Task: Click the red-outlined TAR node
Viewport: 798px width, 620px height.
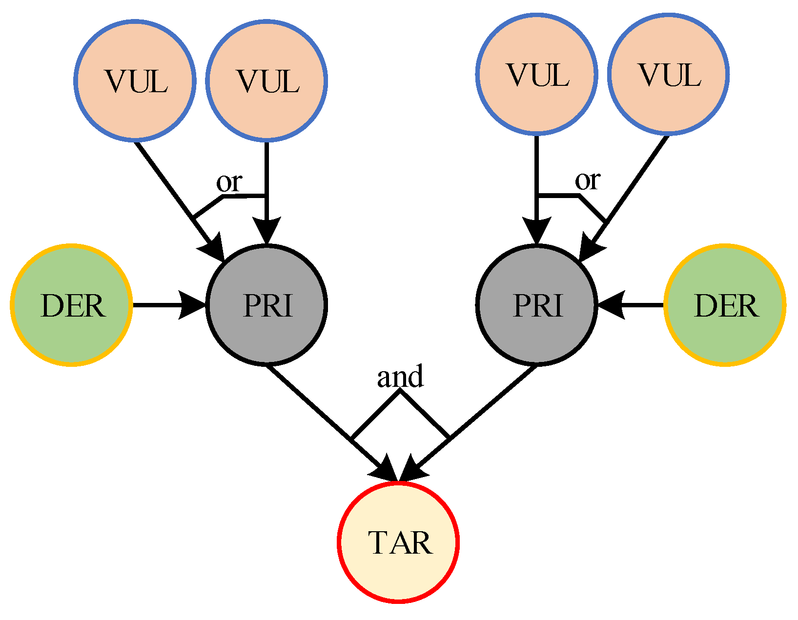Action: pyautogui.click(x=398, y=542)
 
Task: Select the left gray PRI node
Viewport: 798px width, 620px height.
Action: pyautogui.click(x=266, y=305)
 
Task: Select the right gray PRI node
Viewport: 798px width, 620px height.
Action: pyautogui.click(x=536, y=305)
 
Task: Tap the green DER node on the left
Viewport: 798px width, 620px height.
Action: pyautogui.click(x=72, y=305)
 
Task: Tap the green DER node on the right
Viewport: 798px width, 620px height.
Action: pyautogui.click(x=725, y=305)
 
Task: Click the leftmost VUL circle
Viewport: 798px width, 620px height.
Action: pyautogui.click(x=135, y=80)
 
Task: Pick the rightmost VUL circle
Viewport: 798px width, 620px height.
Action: pyautogui.click(x=668, y=74)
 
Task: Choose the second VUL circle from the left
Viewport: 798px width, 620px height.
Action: pyautogui.click(x=266, y=80)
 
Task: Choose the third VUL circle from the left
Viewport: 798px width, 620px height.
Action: pyautogui.click(x=536, y=74)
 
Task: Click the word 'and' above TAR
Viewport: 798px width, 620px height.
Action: pyautogui.click(x=400, y=377)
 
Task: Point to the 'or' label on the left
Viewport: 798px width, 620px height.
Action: pyautogui.click(x=229, y=182)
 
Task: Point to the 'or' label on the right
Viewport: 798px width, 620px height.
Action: pyautogui.click(x=587, y=180)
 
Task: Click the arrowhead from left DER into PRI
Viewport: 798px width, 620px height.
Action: pyautogui.click(x=193, y=305)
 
